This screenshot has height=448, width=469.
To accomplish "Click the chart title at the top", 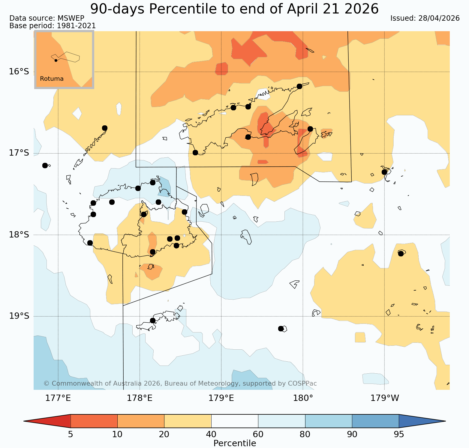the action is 234,9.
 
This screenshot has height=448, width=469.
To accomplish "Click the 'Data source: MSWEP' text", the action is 47,18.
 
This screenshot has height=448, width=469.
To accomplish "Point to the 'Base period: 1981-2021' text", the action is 53,26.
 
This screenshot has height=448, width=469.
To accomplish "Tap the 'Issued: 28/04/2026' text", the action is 425,18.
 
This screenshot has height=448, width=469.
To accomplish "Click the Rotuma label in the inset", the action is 52,79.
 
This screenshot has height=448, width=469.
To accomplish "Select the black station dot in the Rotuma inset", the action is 56,60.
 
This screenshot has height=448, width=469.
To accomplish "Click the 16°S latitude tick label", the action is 19,72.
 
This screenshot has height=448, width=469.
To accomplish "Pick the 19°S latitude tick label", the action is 19,316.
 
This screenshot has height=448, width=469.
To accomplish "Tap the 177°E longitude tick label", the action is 58,398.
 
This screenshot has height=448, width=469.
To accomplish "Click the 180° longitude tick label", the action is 303,398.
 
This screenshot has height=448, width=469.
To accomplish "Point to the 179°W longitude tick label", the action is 385,398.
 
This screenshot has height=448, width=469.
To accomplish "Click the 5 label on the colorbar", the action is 71,435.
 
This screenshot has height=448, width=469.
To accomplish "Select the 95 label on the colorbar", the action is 399,435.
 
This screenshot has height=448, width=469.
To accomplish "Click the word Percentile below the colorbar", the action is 235,443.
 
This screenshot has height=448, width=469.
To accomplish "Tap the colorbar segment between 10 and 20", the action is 141,421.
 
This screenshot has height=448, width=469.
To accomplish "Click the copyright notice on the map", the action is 180,384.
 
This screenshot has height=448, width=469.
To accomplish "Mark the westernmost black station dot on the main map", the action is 45,166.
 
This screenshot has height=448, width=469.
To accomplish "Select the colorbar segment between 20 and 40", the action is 188,421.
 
